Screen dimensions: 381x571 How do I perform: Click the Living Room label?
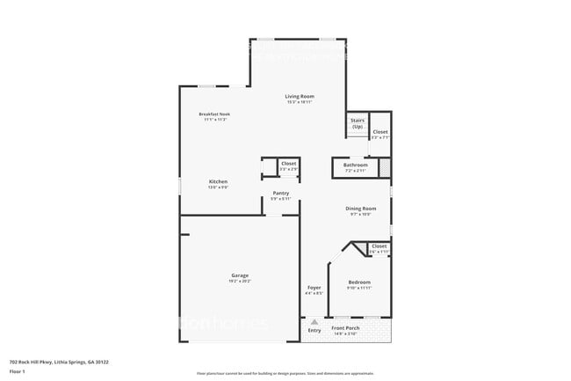click(x=300, y=96)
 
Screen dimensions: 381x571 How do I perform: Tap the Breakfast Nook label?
click(x=214, y=114)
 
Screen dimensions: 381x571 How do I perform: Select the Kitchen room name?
click(x=218, y=181)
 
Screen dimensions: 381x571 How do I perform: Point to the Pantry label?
click(x=280, y=193)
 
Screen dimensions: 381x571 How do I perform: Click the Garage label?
click(x=240, y=275)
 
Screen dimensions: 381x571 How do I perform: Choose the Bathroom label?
click(x=355, y=165)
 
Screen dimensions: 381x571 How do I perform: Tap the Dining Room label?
click(x=361, y=209)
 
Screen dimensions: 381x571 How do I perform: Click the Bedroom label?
click(x=359, y=282)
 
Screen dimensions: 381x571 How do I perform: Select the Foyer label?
click(x=314, y=288)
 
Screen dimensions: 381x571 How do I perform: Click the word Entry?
click(x=314, y=330)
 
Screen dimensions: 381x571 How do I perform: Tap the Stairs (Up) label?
click(x=358, y=124)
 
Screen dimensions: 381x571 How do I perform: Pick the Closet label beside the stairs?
click(x=379, y=132)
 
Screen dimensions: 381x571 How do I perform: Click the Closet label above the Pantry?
click(x=288, y=163)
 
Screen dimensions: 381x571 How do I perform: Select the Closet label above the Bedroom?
click(x=379, y=246)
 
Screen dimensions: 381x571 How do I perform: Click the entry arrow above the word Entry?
click(x=314, y=322)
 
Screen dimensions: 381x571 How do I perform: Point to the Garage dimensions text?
click(x=240, y=282)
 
